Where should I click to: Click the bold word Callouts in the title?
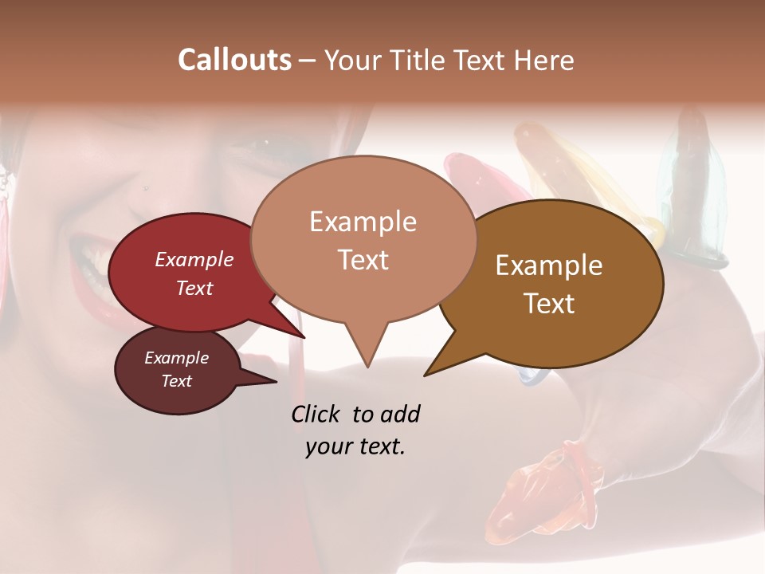coord(234,60)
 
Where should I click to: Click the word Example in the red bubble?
coord(194,259)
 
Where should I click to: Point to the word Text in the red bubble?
coord(194,288)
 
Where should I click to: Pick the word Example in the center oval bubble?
coord(363,222)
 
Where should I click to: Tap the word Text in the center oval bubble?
coord(363,259)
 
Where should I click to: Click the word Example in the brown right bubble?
coord(549,265)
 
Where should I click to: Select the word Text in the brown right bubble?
coord(549,304)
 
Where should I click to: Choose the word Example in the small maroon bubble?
coord(176,358)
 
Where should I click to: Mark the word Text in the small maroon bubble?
coord(176,381)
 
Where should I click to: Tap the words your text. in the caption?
coord(355,447)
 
